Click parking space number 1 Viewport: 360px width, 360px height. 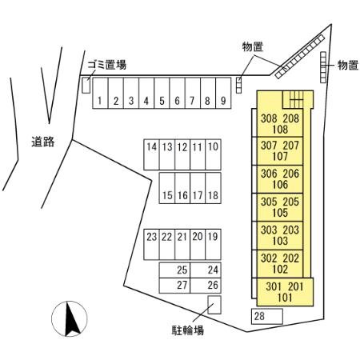(x=100, y=93)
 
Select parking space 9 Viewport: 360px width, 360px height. (x=223, y=93)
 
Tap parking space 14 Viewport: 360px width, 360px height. (x=151, y=154)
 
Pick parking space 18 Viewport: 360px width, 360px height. (x=213, y=188)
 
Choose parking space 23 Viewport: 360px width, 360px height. (x=151, y=244)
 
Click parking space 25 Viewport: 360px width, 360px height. (x=174, y=270)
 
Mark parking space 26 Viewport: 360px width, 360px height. (x=206, y=286)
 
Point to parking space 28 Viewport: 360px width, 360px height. (x=267, y=316)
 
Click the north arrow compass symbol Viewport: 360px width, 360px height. (x=70, y=318)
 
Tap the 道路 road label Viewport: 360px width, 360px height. (x=43, y=142)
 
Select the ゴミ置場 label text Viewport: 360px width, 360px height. (x=107, y=65)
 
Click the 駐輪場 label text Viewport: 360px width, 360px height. (x=188, y=330)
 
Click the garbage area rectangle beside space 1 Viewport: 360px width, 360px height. (x=86, y=86)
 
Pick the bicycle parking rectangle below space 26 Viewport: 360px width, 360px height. (x=214, y=305)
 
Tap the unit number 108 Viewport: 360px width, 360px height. (x=280, y=130)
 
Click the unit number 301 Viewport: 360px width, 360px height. (x=274, y=286)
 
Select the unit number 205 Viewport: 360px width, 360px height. (x=291, y=202)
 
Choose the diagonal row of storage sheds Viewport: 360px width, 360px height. (x=300, y=57)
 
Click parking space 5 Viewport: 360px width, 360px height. (x=162, y=93)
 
